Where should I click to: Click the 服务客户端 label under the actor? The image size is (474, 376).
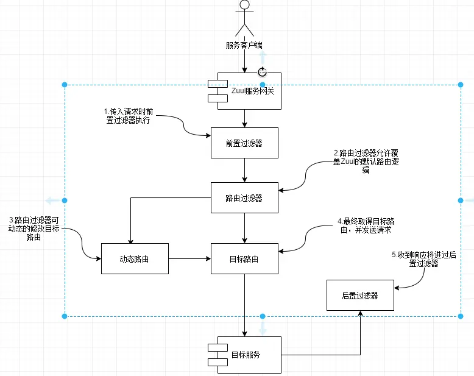pyautogui.click(x=244, y=45)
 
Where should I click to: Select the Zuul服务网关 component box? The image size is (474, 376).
pyautogui.click(x=245, y=91)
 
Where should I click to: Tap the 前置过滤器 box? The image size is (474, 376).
pyautogui.click(x=244, y=143)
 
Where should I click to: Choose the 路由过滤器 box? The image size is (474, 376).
pyautogui.click(x=244, y=198)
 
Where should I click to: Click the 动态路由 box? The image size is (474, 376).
pyautogui.click(x=135, y=258)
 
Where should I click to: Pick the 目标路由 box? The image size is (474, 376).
pyautogui.click(x=244, y=258)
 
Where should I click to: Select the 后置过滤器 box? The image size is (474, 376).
pyautogui.click(x=359, y=295)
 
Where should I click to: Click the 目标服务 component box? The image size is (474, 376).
pyautogui.click(x=245, y=355)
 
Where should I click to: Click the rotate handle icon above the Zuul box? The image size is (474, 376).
pyautogui.click(x=263, y=71)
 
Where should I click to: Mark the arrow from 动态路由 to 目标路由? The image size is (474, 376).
pyautogui.click(x=189, y=258)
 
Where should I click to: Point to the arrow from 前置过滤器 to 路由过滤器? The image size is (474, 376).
pyautogui.click(x=244, y=171)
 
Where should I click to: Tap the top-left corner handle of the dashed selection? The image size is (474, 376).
pyautogui.click(x=65, y=85)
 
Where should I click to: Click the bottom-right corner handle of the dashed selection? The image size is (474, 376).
pyautogui.click(x=461, y=316)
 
